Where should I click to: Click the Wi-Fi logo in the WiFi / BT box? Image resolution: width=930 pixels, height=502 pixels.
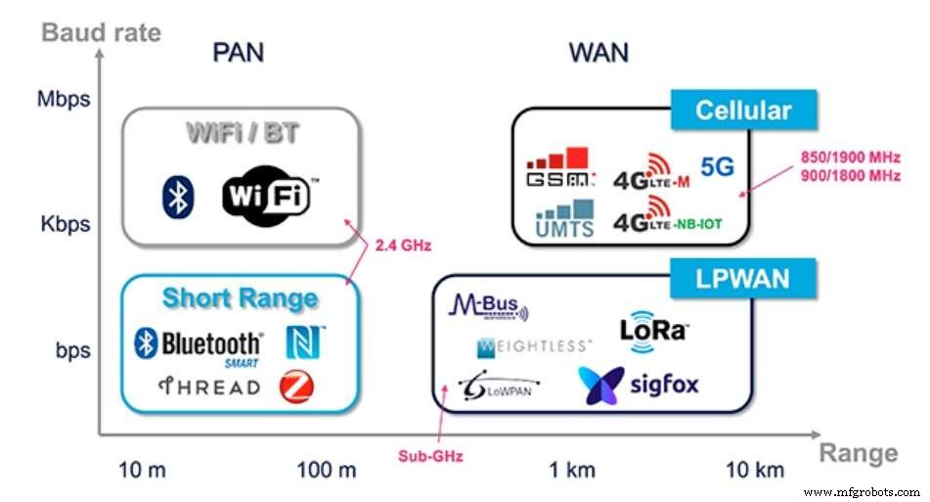[266, 194]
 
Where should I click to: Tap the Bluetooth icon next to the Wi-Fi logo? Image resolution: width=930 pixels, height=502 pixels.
[177, 197]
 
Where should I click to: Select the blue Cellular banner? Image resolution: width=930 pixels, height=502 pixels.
[742, 111]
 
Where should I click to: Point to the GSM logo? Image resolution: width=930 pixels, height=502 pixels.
[559, 168]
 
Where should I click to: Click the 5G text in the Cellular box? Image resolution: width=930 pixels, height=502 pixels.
[717, 167]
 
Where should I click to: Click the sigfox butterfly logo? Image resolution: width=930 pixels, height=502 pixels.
[638, 385]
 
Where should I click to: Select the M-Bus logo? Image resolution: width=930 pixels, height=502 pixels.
[487, 307]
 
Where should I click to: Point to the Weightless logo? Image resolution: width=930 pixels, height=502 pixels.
[533, 346]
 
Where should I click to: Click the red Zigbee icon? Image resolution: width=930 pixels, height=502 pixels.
[296, 387]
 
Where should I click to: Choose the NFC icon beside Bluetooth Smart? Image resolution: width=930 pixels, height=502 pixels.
[304, 342]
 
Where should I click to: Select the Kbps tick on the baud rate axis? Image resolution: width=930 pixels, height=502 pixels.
[66, 224]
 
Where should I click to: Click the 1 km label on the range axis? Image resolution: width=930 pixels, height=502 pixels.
[571, 471]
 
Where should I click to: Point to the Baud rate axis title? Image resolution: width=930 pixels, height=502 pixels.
[101, 33]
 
